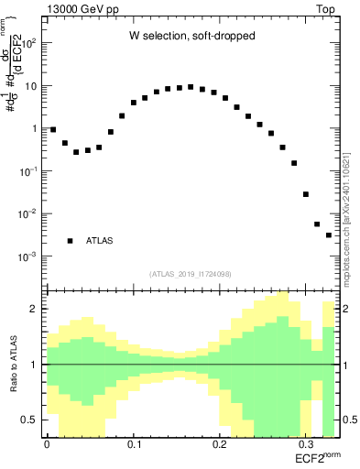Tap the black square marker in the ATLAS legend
click(x=70, y=241)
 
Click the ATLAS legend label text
click(x=100, y=241)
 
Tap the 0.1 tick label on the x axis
click(x=134, y=443)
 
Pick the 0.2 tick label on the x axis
click(x=220, y=443)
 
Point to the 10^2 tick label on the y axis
click(x=28, y=43)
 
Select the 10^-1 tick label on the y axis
click(x=28, y=171)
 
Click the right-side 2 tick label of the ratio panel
click(x=346, y=309)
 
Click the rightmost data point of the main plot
click(x=329, y=235)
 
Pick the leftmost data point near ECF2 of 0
click(x=53, y=130)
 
